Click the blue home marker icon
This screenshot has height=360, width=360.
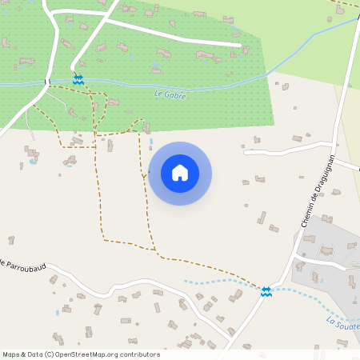(180, 173)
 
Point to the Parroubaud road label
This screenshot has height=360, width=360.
(23, 262)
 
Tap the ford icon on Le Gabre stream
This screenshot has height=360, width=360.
(78, 80)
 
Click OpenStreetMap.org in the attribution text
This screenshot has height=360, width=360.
(91, 354)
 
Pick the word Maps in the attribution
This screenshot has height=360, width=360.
(11, 354)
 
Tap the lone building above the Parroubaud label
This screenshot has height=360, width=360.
(11, 239)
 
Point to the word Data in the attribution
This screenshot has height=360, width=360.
(34, 354)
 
